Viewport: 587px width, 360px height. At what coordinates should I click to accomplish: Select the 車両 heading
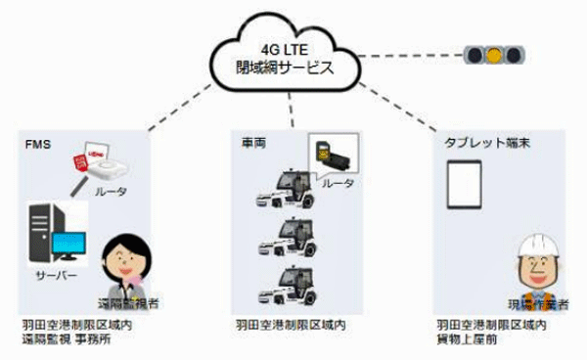251,142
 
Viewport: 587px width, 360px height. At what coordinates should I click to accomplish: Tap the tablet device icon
465,187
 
